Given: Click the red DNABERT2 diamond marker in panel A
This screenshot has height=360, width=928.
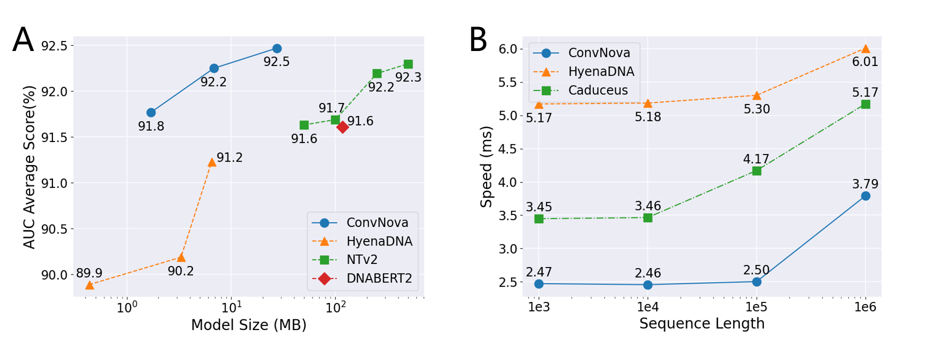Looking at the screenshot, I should point(342,127).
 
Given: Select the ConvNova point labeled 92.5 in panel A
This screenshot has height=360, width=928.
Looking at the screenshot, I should point(276,48).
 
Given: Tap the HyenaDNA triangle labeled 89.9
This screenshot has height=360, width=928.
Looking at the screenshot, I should point(89,285).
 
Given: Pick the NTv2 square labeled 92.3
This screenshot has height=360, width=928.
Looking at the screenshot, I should point(408,64).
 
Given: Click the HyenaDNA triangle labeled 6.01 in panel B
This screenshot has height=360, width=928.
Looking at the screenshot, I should point(865,48).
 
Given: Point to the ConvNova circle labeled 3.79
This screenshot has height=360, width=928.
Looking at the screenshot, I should point(865,196).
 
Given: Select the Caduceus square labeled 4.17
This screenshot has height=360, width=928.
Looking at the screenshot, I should point(756,171).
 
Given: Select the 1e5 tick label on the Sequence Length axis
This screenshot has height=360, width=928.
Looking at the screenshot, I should point(756,306).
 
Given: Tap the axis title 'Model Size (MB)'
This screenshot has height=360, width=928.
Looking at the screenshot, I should point(248,325).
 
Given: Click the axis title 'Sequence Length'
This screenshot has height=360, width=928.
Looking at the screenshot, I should point(702,323).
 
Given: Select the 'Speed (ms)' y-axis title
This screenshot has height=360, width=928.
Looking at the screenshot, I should point(486,166).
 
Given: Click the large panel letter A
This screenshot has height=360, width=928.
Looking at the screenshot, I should point(23,40).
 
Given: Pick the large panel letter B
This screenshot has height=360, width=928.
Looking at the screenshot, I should point(478,40).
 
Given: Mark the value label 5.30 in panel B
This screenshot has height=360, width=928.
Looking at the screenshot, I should point(756,109).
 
